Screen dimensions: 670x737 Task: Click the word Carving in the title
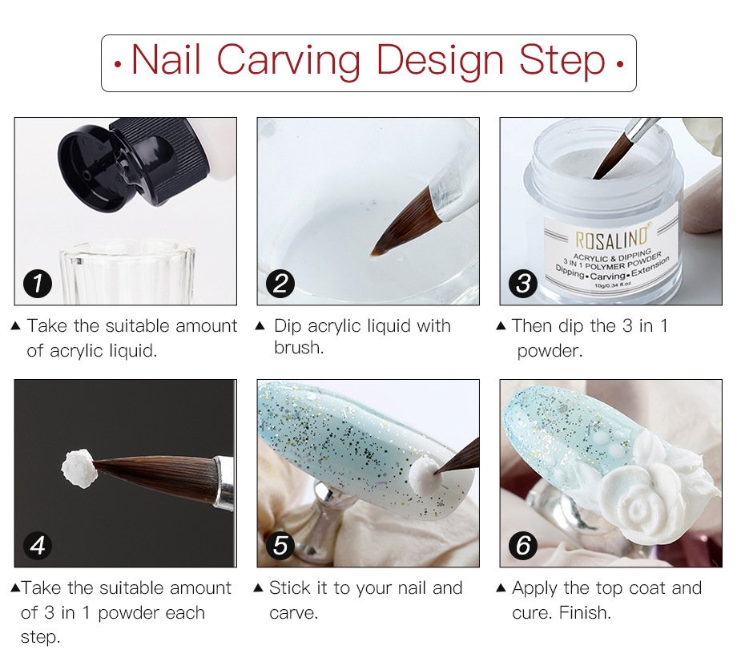coord(289,61)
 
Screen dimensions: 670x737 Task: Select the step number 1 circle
coord(38,284)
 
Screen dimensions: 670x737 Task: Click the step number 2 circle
coord(280,284)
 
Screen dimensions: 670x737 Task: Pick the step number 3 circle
coord(523,284)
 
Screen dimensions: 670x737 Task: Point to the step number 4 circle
coord(38,546)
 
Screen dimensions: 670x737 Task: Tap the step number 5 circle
coord(280,546)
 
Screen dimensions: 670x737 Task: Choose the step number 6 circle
coord(523,546)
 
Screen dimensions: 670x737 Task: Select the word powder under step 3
coord(550,351)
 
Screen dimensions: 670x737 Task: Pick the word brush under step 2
coord(297,348)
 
